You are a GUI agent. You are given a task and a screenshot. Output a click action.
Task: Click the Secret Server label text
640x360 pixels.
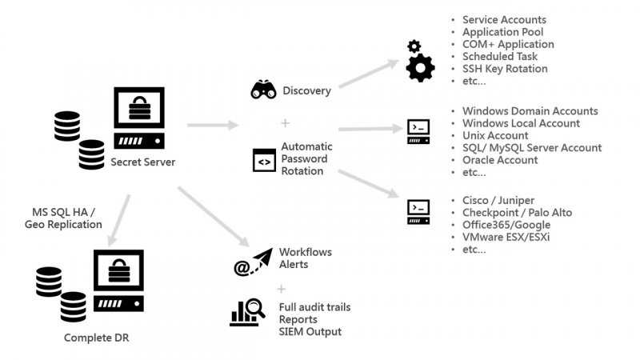point(142,163)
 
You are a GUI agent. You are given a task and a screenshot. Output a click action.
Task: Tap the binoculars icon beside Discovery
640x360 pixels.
point(263,90)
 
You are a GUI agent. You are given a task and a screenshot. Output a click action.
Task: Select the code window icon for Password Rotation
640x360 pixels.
point(263,160)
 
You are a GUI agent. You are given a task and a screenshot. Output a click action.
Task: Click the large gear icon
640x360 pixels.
point(420,68)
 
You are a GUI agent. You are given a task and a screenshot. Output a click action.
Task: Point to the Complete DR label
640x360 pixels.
point(97,338)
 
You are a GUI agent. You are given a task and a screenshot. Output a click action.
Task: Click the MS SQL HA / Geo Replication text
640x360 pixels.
point(63,218)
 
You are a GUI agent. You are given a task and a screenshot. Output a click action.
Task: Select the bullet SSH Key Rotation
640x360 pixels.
point(505,69)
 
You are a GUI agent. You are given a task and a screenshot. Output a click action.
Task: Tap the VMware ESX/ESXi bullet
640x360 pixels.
point(506,237)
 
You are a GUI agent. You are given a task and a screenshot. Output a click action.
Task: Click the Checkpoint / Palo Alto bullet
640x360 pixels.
point(517,213)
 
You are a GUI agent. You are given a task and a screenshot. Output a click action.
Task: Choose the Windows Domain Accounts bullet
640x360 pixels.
point(530,111)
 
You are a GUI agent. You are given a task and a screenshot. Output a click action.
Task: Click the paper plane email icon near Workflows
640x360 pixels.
point(250,262)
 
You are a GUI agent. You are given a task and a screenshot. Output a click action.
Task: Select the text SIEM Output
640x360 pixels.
point(310,332)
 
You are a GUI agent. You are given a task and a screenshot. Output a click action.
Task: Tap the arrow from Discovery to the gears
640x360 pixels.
point(369,74)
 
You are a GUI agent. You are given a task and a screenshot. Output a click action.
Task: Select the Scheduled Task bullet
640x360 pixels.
point(500,57)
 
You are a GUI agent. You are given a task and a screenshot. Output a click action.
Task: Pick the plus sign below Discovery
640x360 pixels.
point(284,122)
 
